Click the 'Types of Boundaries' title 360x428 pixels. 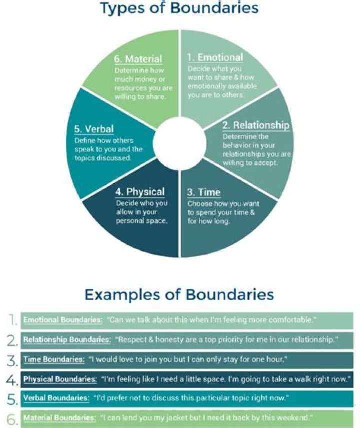(179, 8)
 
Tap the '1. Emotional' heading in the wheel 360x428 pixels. (215, 58)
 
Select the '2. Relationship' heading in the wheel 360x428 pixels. (256, 125)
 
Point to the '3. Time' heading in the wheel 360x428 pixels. (204, 192)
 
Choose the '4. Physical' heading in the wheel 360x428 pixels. (140, 192)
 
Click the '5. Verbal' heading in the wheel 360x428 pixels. (94, 129)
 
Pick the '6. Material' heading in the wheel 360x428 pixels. (138, 59)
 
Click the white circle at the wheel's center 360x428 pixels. (179, 144)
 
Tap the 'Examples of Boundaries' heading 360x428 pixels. (179, 295)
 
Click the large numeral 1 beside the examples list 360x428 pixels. (13, 320)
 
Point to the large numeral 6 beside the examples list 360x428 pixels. (12, 419)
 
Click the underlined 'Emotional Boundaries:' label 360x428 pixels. (63, 320)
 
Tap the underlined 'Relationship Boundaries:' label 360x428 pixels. (67, 340)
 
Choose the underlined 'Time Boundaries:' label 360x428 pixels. (54, 359)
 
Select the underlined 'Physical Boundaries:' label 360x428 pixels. (60, 379)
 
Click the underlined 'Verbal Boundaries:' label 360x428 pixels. (56, 398)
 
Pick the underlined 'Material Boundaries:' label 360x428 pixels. (59, 418)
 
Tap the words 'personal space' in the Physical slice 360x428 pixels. (142, 221)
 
